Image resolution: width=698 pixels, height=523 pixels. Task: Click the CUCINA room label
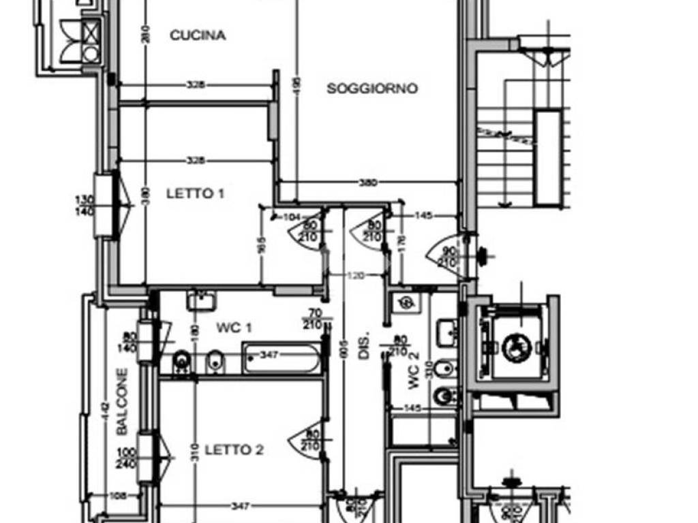[x=197, y=35]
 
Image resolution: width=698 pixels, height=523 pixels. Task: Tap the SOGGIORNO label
[x=372, y=89]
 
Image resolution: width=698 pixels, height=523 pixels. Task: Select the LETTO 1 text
[x=195, y=193]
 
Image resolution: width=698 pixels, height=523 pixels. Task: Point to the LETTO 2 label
[x=234, y=449]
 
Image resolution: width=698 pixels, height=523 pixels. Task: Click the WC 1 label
[x=234, y=328]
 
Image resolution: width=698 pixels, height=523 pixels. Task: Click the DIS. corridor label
[x=363, y=346]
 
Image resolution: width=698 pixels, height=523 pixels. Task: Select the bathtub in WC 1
[x=281, y=359]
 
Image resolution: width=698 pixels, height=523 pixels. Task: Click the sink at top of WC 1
[x=201, y=299]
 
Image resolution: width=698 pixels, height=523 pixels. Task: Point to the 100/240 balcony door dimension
[x=126, y=458]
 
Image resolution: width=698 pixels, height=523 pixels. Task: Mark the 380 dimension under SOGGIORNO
[x=367, y=183]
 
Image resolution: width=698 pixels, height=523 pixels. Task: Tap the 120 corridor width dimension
[x=355, y=276]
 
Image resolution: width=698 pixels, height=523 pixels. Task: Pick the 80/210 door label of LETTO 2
[x=313, y=439]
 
